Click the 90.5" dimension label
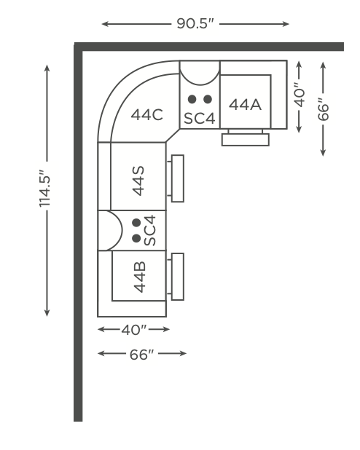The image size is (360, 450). click(195, 23)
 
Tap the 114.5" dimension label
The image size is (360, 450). click(45, 189)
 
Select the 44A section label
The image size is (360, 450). click(245, 104)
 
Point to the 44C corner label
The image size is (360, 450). click(146, 115)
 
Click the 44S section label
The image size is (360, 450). click(138, 181)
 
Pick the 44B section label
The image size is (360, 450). click(140, 277)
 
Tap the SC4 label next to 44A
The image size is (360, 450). click(200, 118)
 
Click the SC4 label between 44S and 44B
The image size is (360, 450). click(149, 230)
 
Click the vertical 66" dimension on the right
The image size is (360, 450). click(324, 109)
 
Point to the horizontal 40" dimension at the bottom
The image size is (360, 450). click(134, 330)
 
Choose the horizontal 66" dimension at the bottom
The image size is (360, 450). click(142, 355)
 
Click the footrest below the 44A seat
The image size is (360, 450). click(246, 140)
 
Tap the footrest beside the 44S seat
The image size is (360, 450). click(178, 178)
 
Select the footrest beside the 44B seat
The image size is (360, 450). click(178, 277)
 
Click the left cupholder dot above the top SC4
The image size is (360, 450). click(192, 99)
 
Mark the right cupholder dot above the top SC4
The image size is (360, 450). click(208, 99)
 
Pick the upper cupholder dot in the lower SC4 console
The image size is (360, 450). click(136, 222)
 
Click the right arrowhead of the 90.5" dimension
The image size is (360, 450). click(286, 24)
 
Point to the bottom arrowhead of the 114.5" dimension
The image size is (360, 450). click(47, 313)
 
